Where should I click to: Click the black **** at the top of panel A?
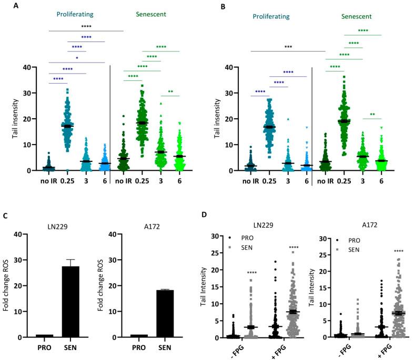pos(86,26)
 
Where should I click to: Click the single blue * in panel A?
pos(77,57)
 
